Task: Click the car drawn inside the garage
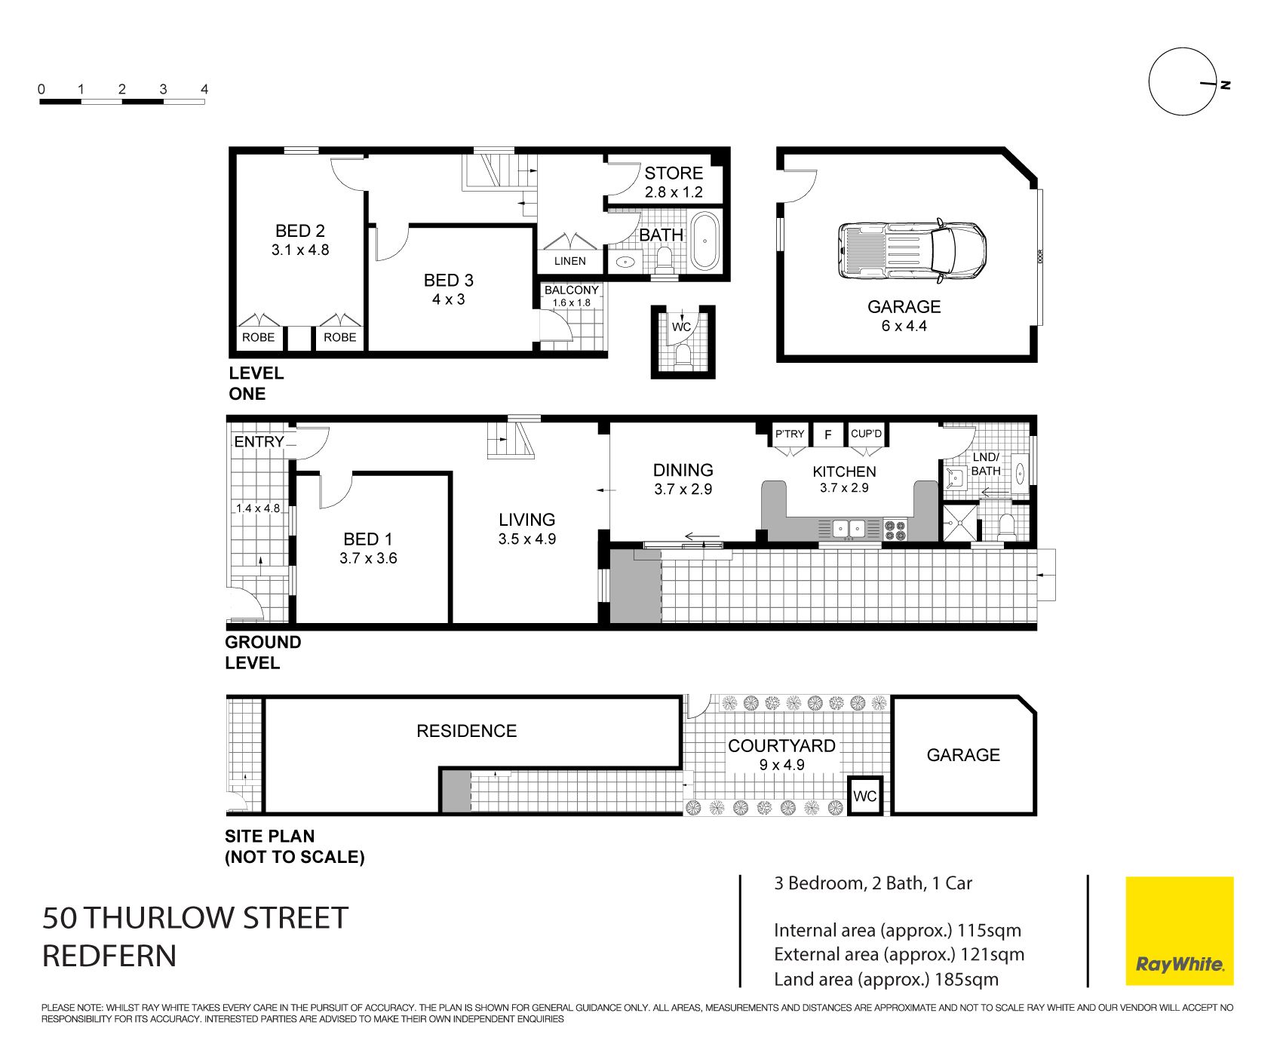912,251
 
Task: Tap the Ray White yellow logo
1179,931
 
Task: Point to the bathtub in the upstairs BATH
705,241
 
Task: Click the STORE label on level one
674,173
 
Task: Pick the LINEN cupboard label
570,261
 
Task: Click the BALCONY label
572,290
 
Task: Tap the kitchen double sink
849,529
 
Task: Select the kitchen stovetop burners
895,530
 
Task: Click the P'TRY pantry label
790,434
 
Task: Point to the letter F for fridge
828,434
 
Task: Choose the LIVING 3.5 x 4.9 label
526,529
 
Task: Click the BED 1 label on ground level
368,539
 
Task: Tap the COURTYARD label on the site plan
781,746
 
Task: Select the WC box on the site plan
865,796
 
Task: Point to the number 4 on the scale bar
204,89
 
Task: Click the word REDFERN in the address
109,956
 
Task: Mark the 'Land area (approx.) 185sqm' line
886,979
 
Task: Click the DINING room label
683,470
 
